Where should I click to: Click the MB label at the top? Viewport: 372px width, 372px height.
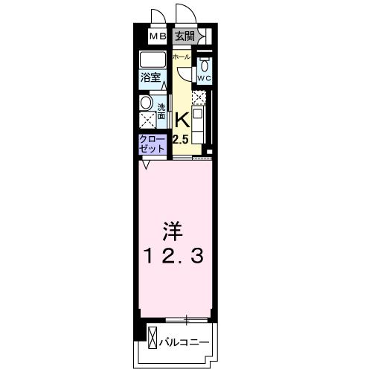click(x=157, y=36)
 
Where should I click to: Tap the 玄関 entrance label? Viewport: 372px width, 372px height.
click(x=184, y=36)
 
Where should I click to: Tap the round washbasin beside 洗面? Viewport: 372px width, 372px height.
click(x=147, y=103)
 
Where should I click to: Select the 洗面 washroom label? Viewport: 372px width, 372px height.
click(x=161, y=110)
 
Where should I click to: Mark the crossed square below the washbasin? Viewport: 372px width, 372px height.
click(x=147, y=119)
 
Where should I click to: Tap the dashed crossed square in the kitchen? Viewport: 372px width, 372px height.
click(x=199, y=97)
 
